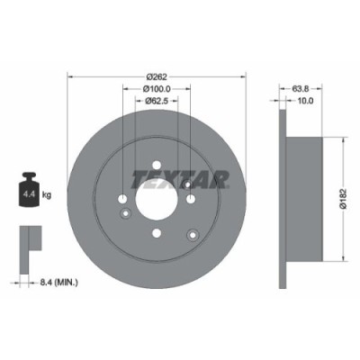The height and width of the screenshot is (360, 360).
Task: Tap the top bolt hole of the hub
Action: click(x=157, y=166)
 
